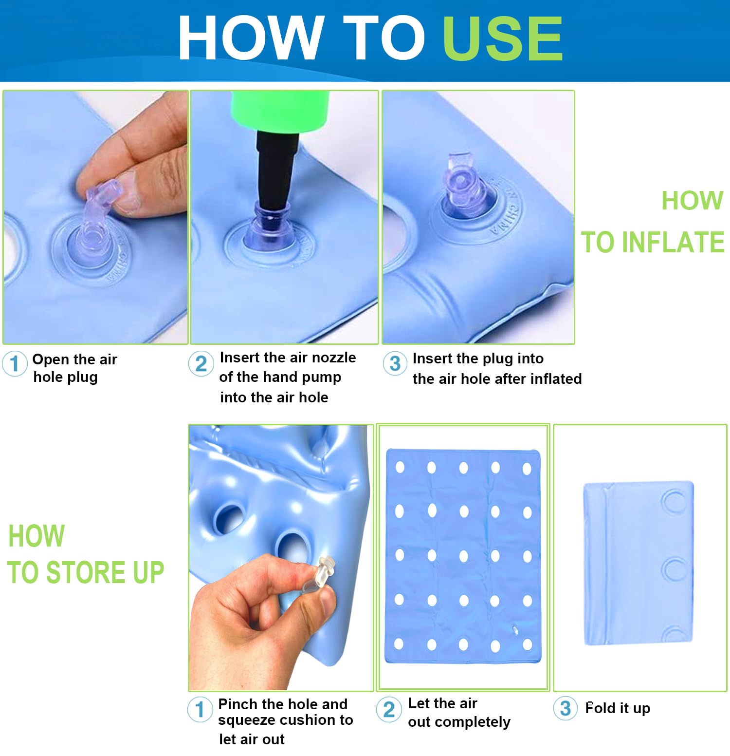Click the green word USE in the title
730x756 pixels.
(x=503, y=38)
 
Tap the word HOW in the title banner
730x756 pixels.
(x=251, y=38)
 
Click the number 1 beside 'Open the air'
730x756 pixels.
(x=15, y=363)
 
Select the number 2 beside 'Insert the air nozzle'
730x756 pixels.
(x=201, y=364)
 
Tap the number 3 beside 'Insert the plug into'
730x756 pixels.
(x=395, y=363)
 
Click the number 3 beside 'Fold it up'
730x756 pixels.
(x=566, y=709)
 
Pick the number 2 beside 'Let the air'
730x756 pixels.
(x=389, y=710)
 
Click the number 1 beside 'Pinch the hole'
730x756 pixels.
(x=200, y=710)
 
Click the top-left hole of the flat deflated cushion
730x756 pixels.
(x=400, y=467)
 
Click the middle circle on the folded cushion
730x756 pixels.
(x=675, y=569)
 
